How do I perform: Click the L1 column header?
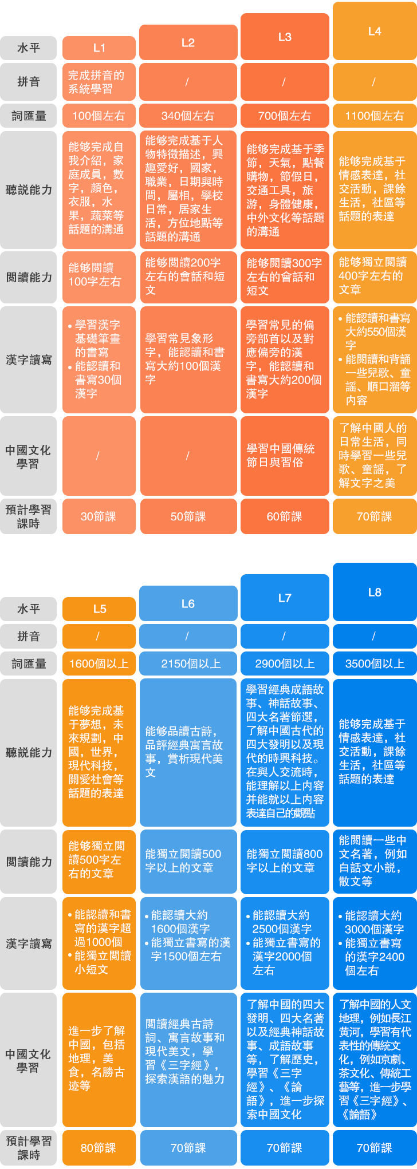99,48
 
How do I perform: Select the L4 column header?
374,31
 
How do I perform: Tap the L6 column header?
188,603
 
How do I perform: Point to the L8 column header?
374,593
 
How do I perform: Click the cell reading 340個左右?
188,116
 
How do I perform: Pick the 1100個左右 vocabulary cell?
374,116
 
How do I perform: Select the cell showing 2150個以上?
188,664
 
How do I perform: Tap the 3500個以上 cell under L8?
374,664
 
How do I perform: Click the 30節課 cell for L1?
99,516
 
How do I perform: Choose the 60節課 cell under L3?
284,516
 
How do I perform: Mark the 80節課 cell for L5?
99,1148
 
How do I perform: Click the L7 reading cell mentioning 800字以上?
284,860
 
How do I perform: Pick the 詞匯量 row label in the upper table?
29,116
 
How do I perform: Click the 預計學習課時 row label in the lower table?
29,1148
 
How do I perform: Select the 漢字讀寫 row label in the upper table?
29,360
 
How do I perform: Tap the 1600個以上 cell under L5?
99,664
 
